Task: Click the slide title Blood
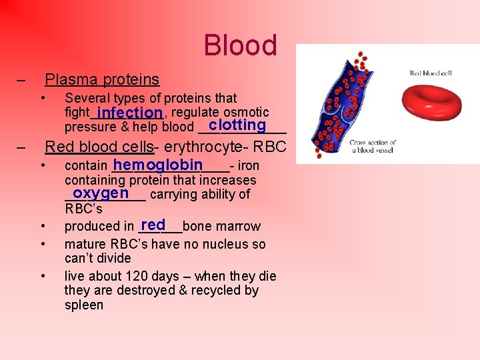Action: [240, 45]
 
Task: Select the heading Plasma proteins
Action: [102, 80]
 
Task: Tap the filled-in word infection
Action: [129, 112]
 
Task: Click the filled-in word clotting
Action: [237, 125]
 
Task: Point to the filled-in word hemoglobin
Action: [158, 165]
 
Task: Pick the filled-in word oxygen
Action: [101, 193]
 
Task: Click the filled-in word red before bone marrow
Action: [153, 225]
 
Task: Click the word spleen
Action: [84, 305]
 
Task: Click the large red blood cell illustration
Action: [434, 101]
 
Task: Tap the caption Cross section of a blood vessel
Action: [373, 147]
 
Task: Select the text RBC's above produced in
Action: [83, 209]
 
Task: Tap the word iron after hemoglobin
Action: [248, 165]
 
